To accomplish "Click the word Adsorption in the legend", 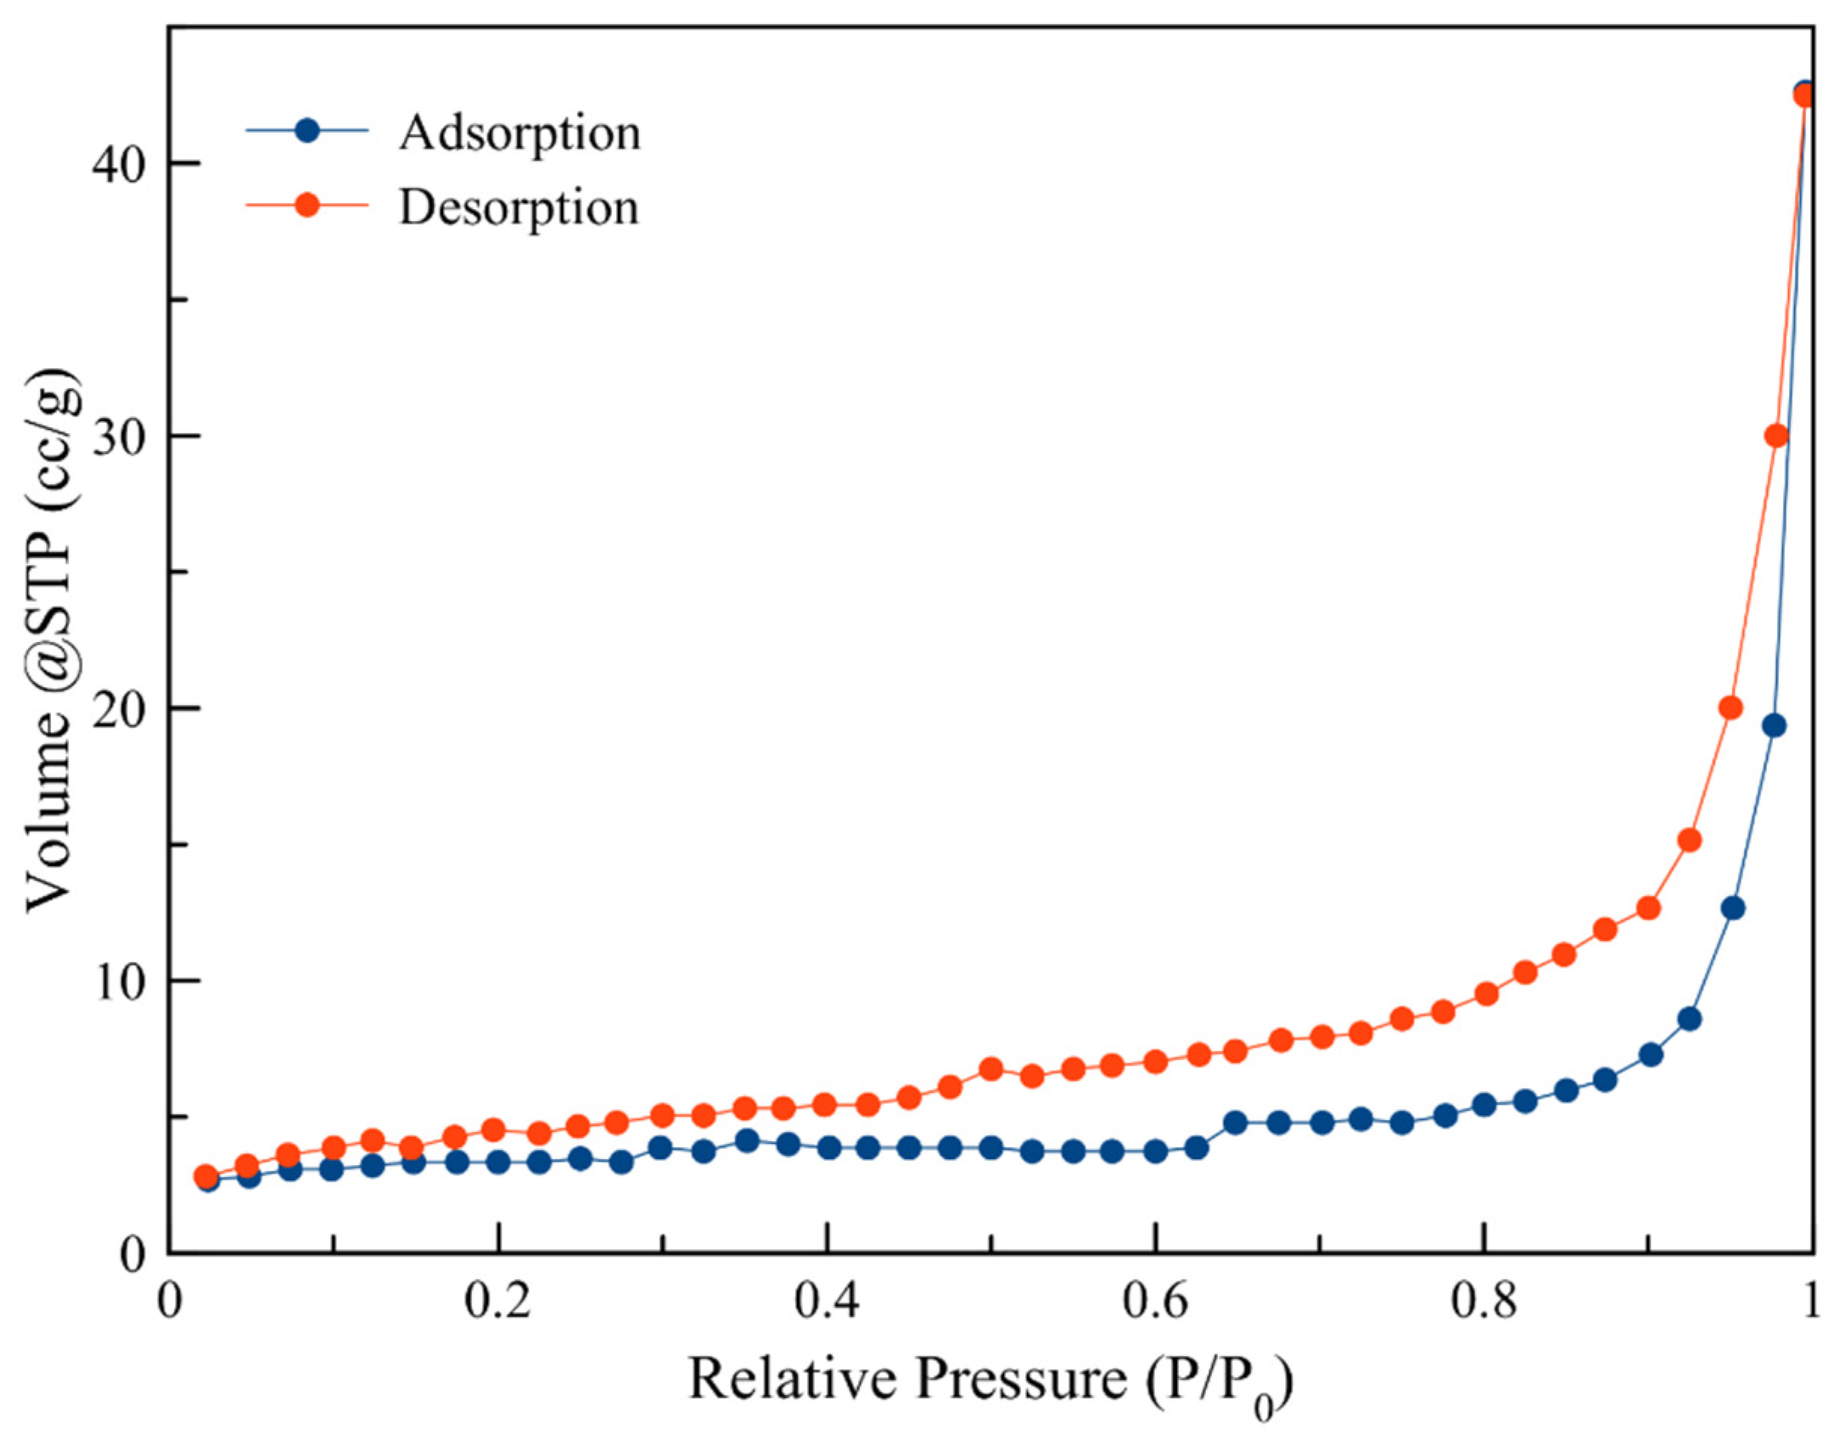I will pyautogui.click(x=519, y=134).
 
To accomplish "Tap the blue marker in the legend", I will pyautogui.click(x=308, y=130).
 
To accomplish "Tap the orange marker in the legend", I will pyautogui.click(x=308, y=204).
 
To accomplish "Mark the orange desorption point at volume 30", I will pyautogui.click(x=1776, y=436).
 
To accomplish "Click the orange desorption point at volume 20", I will pyautogui.click(x=1731, y=708).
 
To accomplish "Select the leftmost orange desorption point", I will pyautogui.click(x=205, y=1176).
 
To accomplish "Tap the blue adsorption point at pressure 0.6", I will pyautogui.click(x=1155, y=1151).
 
